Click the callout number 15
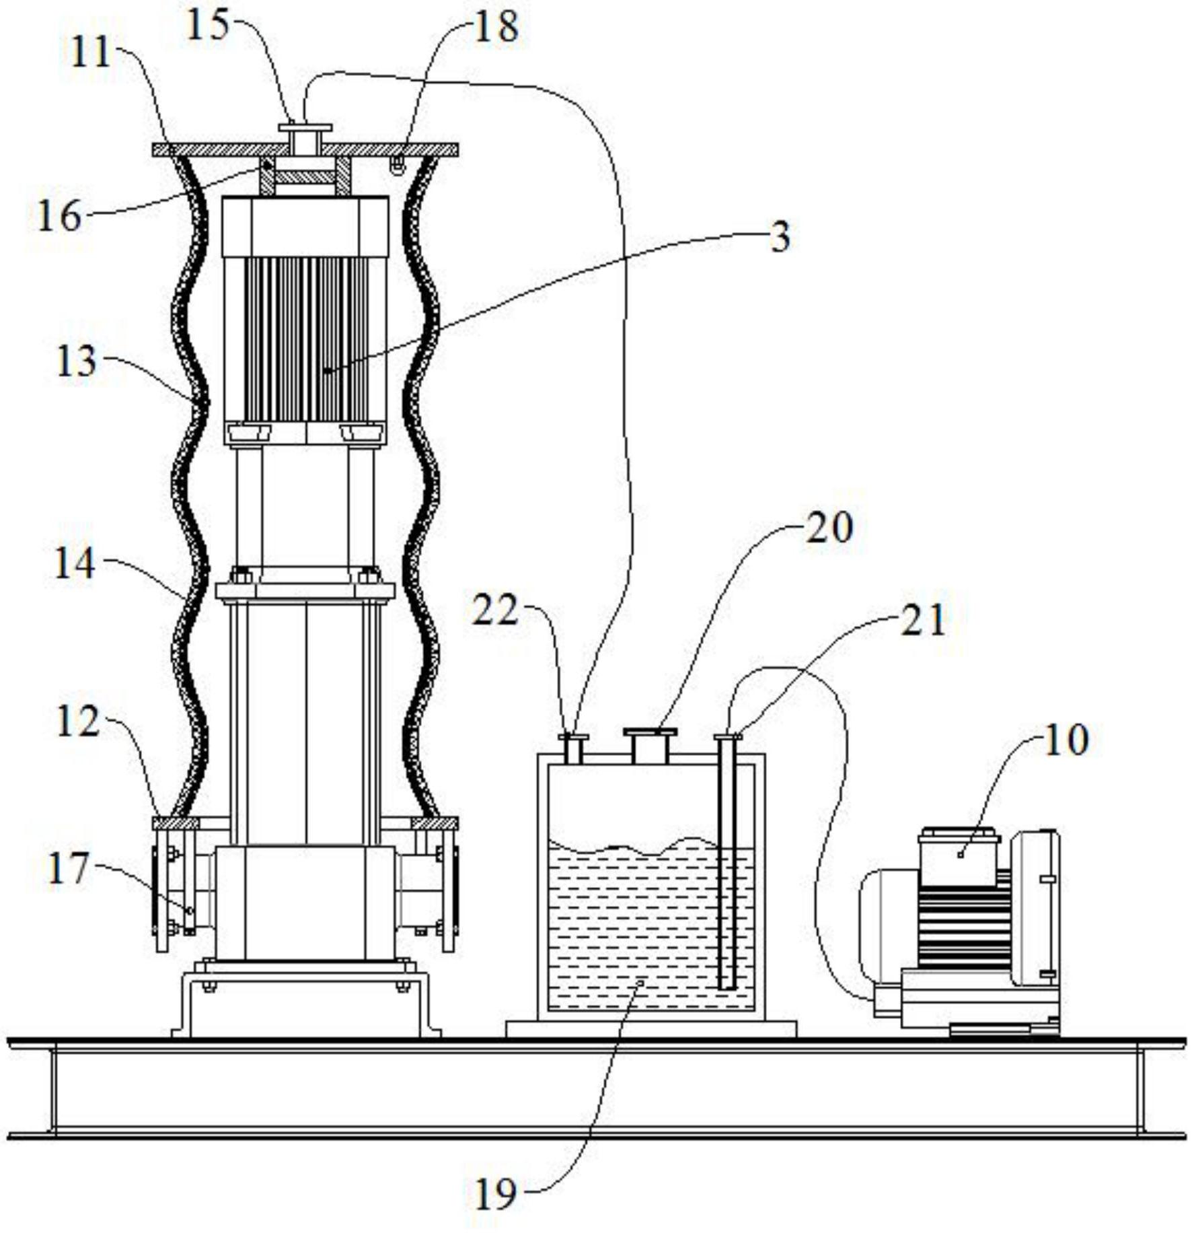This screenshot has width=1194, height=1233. pyautogui.click(x=207, y=28)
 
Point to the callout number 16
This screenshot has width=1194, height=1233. pyautogui.click(x=59, y=216)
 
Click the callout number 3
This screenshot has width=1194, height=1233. pyautogui.click(x=780, y=237)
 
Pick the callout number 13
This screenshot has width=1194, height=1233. pyautogui.click(x=76, y=361)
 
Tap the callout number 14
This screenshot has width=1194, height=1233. pyautogui.click(x=74, y=563)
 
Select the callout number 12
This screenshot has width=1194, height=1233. pyautogui.click(x=78, y=721)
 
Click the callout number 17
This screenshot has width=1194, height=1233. pyautogui.click(x=68, y=868)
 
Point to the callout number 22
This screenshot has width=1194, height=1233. pyautogui.click(x=495, y=610)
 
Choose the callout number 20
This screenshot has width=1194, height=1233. pyautogui.click(x=829, y=527)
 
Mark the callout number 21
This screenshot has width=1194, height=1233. pyautogui.click(x=923, y=620)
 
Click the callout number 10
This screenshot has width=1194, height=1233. pyautogui.click(x=1066, y=740)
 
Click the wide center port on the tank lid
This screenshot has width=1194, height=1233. pyautogui.click(x=650, y=746)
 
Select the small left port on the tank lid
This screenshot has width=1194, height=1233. pyautogui.click(x=573, y=749)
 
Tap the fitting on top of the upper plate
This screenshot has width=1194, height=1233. pyautogui.click(x=305, y=139)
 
